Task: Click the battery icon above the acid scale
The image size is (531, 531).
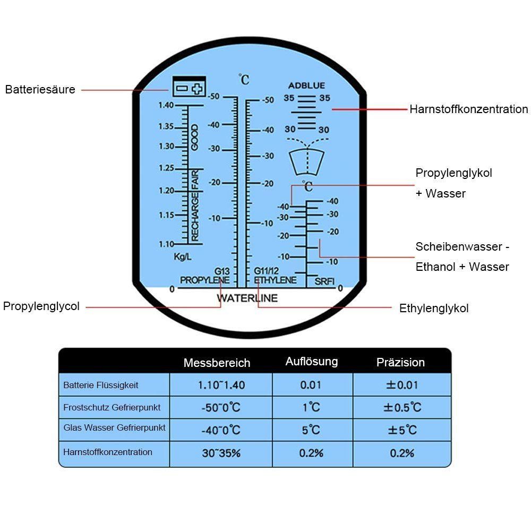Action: coord(189,87)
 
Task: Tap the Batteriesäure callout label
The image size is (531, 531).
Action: coord(40,89)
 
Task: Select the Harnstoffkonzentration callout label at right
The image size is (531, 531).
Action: coord(468,109)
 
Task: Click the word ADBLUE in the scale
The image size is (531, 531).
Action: coord(306,85)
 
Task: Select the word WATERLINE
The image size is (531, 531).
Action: coord(247,298)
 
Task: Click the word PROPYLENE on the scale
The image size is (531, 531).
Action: coord(204,280)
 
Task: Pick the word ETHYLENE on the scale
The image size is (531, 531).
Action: coord(275,280)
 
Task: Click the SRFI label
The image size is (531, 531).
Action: coord(324,281)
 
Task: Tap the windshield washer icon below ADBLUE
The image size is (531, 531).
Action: coord(306,160)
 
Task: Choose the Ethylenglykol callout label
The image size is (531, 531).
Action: coord(434,309)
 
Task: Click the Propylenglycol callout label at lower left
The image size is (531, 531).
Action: coord(41,306)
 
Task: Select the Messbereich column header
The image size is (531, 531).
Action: coord(217,363)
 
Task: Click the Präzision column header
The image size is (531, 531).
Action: coord(400,363)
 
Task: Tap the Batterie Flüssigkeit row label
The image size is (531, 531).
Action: coord(100,385)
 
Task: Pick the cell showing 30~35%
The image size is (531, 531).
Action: coord(220,453)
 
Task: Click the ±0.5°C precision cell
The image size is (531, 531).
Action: coord(402,408)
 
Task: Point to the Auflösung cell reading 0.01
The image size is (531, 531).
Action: coord(311,385)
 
